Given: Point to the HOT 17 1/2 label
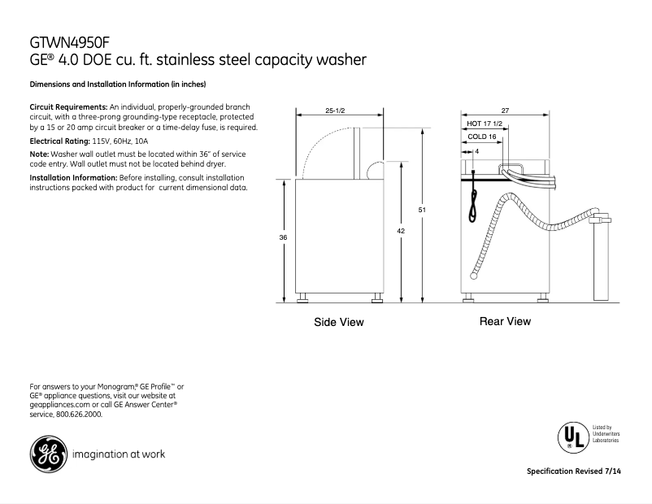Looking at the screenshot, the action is pyautogui.click(x=485, y=124).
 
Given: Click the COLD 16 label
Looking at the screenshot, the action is pyautogui.click(x=482, y=137).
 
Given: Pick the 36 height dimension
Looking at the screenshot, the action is pyautogui.click(x=283, y=237).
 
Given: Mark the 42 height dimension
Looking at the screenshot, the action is pyautogui.click(x=401, y=232).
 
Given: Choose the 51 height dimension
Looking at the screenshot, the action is pyautogui.click(x=422, y=211).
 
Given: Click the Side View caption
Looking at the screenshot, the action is pyautogui.click(x=339, y=323).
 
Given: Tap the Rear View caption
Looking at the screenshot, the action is pyautogui.click(x=505, y=321).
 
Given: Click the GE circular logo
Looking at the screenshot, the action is pyautogui.click(x=47, y=454).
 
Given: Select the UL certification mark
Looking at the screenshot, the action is pyautogui.click(x=571, y=437).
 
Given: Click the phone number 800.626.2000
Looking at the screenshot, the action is pyautogui.click(x=79, y=414).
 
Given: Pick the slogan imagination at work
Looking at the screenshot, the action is pyautogui.click(x=119, y=454).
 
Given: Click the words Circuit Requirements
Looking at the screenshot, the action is pyautogui.click(x=68, y=107).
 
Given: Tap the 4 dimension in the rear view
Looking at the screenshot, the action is pyautogui.click(x=476, y=151).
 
